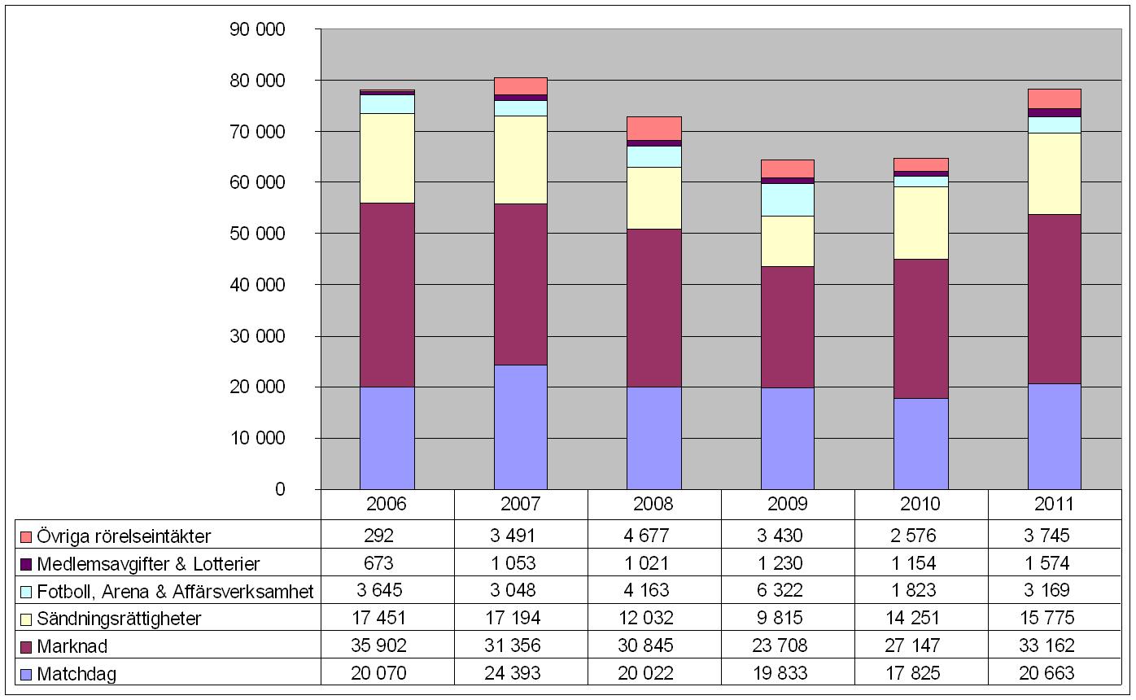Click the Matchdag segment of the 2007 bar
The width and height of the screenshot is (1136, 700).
(x=521, y=427)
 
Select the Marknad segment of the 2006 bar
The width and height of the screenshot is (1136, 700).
(x=387, y=295)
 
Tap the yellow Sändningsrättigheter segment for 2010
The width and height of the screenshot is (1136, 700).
(x=921, y=223)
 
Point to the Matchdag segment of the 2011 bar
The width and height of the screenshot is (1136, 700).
(x=1055, y=436)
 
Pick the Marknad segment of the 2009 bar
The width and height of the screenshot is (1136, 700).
(x=788, y=326)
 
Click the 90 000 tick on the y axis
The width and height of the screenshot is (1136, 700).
(x=259, y=30)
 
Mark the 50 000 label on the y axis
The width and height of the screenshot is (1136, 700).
(x=259, y=234)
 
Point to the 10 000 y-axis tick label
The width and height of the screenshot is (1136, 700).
(x=259, y=439)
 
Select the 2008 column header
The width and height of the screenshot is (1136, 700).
(x=653, y=504)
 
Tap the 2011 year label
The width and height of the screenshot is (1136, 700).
(x=1055, y=504)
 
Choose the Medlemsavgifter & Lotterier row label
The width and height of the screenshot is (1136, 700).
(x=148, y=564)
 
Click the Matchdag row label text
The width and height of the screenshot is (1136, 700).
(x=76, y=675)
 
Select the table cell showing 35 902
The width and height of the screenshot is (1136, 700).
(x=387, y=646)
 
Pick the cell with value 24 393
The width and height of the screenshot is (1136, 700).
(x=521, y=674)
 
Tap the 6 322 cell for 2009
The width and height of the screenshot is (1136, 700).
(x=788, y=591)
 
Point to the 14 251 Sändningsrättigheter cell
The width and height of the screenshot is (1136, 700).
(x=921, y=619)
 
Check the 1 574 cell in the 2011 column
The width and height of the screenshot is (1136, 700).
(x=1055, y=564)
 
